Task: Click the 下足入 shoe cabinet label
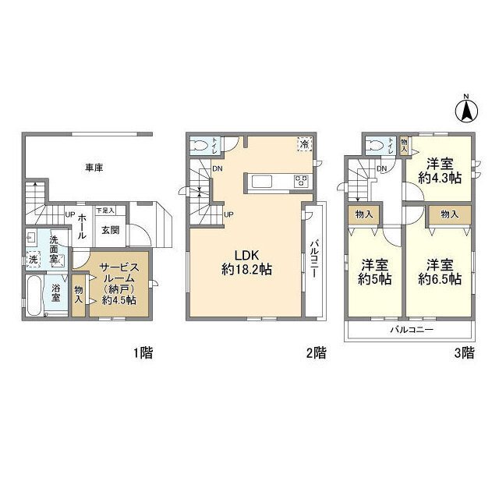coord(105,211)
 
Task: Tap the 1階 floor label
coord(141,353)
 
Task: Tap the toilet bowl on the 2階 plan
coord(201,145)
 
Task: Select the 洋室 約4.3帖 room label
coord(440,171)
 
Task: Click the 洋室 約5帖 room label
coord(375,271)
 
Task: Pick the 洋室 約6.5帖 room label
coord(439,271)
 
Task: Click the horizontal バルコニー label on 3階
coord(412,330)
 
